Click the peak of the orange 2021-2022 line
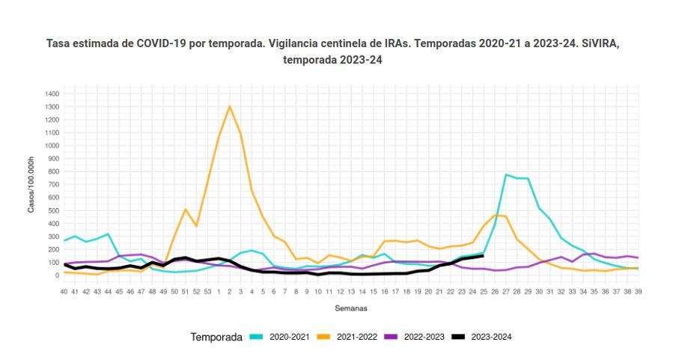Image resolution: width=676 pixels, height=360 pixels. point(229,106)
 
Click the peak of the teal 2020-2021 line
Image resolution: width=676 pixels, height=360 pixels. point(506,174)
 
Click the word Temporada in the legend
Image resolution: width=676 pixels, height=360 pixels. point(216,337)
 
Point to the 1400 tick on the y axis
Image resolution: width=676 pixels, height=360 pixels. point(52,94)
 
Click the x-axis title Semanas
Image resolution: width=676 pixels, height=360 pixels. point(351,308)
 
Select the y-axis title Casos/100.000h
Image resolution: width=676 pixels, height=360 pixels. point(31,185)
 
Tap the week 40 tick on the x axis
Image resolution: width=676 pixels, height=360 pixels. point(64,290)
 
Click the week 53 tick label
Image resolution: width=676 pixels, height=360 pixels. point(207,290)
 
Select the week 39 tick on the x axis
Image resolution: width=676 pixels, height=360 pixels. point(638,290)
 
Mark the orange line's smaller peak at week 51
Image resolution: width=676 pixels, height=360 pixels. point(186,209)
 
